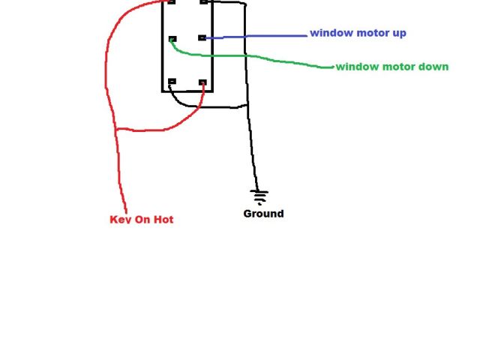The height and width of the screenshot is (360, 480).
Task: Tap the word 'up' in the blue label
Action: (397, 34)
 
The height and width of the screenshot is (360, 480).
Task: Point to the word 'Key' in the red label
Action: (120, 220)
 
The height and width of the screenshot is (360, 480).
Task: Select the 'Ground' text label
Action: (263, 214)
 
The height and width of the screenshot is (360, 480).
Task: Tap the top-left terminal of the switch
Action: (172, 2)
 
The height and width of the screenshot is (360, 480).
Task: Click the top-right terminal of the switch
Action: (203, 2)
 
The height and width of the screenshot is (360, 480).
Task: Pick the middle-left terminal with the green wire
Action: (172, 38)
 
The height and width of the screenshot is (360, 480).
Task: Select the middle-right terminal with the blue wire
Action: (202, 37)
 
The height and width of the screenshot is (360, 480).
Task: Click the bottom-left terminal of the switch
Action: (172, 82)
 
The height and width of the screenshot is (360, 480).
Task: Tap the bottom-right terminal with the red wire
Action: (202, 82)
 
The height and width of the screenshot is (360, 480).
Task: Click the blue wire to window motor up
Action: (255, 36)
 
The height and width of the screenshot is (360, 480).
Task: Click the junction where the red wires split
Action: (115, 130)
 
